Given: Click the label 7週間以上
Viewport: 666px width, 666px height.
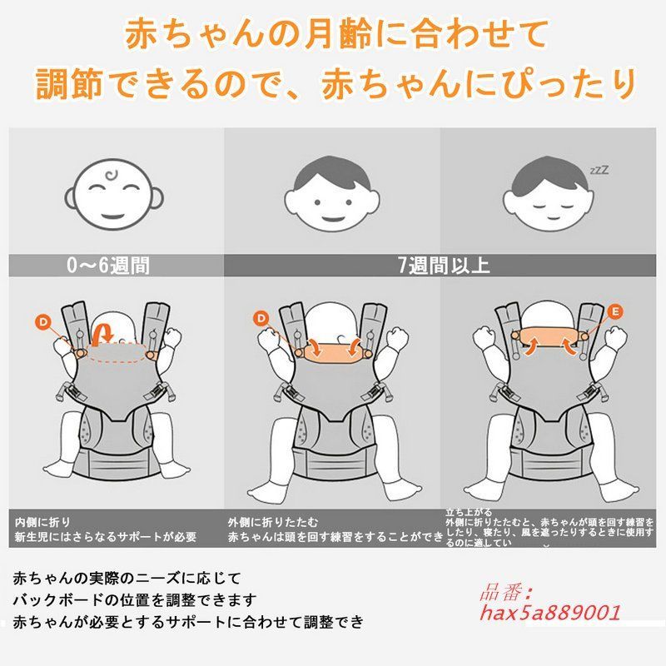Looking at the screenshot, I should (x=444, y=266).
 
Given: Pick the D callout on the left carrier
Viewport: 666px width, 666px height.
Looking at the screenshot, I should (x=43, y=321).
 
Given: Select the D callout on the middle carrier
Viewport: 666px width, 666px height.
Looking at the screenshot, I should (x=261, y=317).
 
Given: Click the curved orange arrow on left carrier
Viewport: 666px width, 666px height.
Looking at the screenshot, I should (x=102, y=333).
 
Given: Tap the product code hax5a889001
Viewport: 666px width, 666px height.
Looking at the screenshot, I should (x=552, y=614).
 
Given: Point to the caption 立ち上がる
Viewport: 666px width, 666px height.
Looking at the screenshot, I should (x=469, y=511).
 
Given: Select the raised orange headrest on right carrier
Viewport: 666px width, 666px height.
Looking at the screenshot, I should (x=550, y=335).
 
